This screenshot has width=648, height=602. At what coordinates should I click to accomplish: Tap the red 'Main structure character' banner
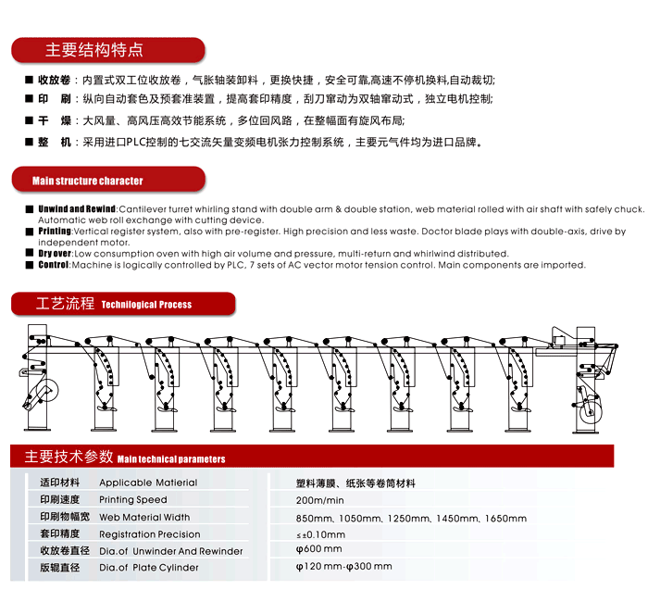pyautogui.click(x=88, y=181)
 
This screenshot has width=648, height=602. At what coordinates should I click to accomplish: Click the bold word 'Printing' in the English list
pyautogui.click(x=55, y=232)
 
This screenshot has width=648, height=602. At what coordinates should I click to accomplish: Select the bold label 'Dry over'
pyautogui.click(x=55, y=254)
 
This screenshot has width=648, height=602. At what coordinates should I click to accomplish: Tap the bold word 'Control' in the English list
pyautogui.click(x=54, y=265)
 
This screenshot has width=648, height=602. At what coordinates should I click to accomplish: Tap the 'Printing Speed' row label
pyautogui.click(x=133, y=500)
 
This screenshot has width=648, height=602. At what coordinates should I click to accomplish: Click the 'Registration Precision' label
pyautogui.click(x=149, y=534)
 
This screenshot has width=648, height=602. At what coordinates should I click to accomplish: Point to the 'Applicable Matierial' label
pyautogui.click(x=148, y=483)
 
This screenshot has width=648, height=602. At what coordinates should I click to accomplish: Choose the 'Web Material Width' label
pyautogui.click(x=144, y=518)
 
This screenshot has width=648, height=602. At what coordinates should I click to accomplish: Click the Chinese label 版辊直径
pyautogui.click(x=61, y=567)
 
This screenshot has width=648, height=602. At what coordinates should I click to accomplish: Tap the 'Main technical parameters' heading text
pyautogui.click(x=171, y=458)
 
